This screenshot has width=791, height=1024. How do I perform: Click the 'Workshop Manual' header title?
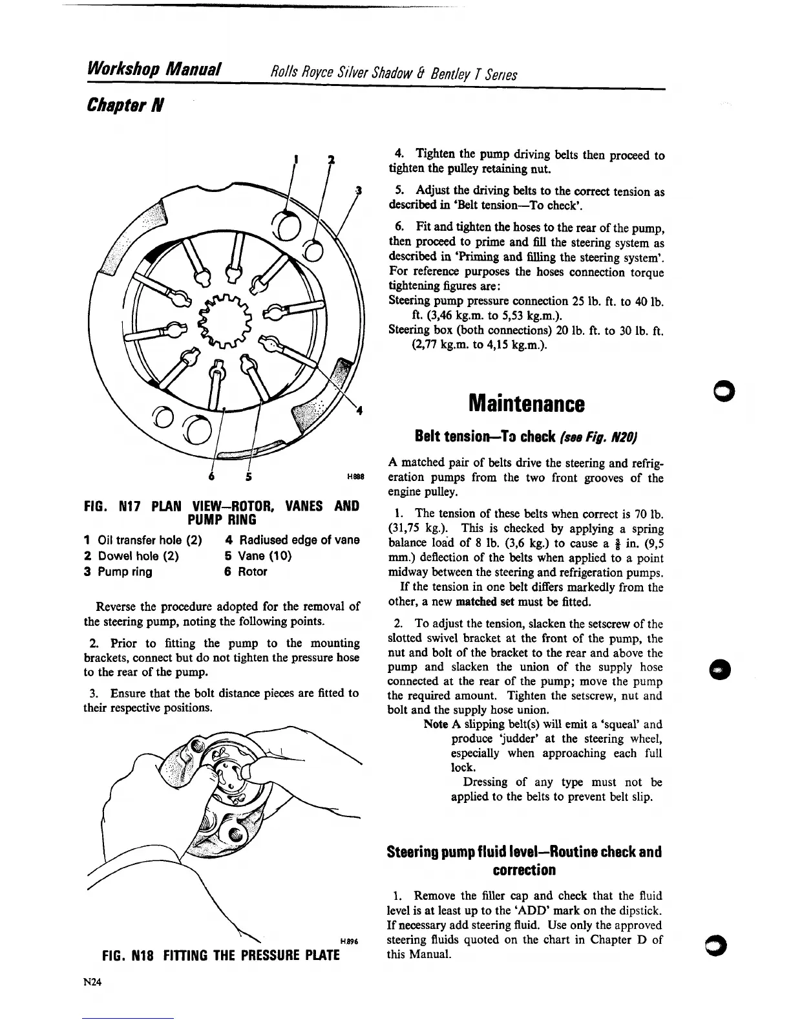pyautogui.click(x=153, y=69)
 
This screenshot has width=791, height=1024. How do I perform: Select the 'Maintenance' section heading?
pyautogui.click(x=527, y=404)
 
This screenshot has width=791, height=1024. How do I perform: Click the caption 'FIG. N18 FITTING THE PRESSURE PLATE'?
pyautogui.click(x=221, y=954)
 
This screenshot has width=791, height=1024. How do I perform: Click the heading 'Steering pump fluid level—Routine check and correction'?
pyautogui.click(x=525, y=860)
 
